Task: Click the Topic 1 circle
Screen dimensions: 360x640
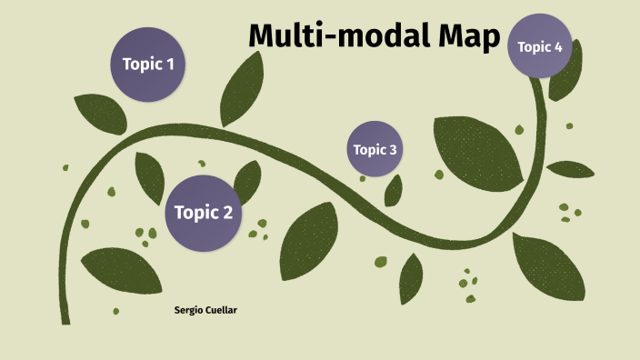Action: [x=147, y=65]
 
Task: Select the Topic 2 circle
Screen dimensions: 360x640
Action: [x=204, y=213]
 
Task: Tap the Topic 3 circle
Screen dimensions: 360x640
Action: [x=375, y=149]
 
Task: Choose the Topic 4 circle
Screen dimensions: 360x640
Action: [x=540, y=46]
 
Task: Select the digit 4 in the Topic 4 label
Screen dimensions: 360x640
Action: [x=558, y=47]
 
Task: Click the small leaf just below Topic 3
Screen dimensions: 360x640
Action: [x=394, y=190]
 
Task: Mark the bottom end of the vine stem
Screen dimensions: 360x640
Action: [x=65, y=319]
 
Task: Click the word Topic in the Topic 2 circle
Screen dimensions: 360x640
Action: [x=192, y=213]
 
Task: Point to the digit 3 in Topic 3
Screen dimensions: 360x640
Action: [x=393, y=150]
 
